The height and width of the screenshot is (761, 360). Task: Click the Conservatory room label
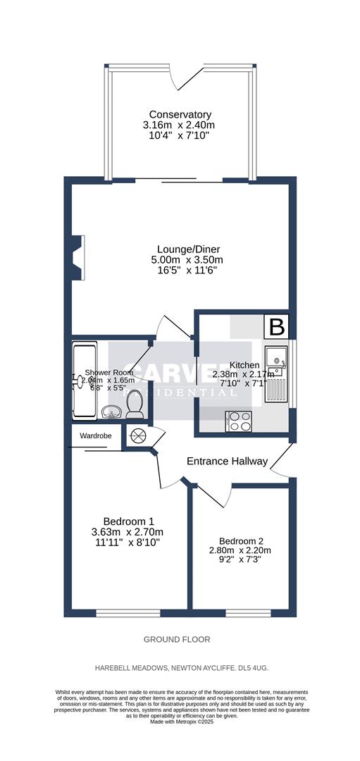point(180,114)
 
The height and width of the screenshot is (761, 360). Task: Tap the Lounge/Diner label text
point(180,249)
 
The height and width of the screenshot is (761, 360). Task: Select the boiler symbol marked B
point(278,327)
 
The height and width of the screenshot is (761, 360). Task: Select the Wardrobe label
point(96,436)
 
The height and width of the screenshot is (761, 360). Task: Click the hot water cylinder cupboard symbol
point(136,436)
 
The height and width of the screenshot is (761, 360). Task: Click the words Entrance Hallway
point(227,462)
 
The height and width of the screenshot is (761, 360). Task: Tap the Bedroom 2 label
point(240,540)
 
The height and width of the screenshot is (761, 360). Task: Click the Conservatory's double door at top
point(180,74)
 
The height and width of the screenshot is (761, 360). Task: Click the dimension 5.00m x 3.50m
point(180,260)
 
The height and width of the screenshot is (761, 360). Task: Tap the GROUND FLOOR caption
point(177,639)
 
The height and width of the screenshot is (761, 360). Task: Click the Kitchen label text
point(240,365)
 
